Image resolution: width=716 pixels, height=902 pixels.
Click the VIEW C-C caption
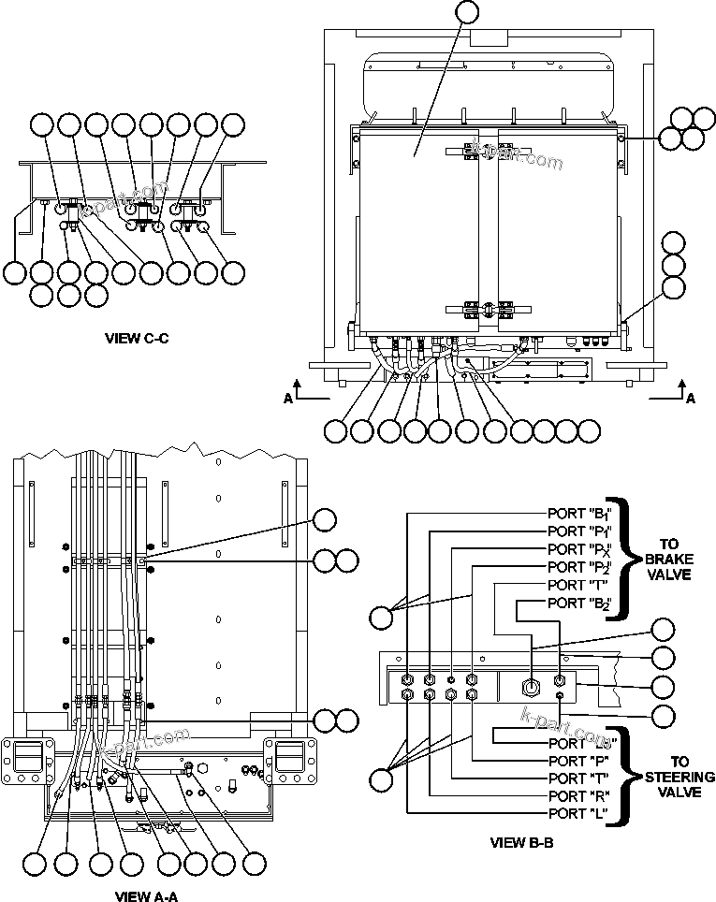(137, 339)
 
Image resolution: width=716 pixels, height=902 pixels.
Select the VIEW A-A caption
(146, 895)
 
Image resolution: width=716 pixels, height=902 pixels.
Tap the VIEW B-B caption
(522, 842)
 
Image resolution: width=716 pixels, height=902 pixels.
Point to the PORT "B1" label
(579, 514)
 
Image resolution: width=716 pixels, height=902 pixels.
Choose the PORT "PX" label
(579, 548)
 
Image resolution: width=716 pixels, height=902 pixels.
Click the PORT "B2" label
(579, 603)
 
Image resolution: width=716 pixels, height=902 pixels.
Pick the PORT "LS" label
(580, 743)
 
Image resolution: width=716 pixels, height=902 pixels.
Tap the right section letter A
(691, 398)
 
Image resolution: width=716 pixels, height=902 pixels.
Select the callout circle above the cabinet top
(464, 12)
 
